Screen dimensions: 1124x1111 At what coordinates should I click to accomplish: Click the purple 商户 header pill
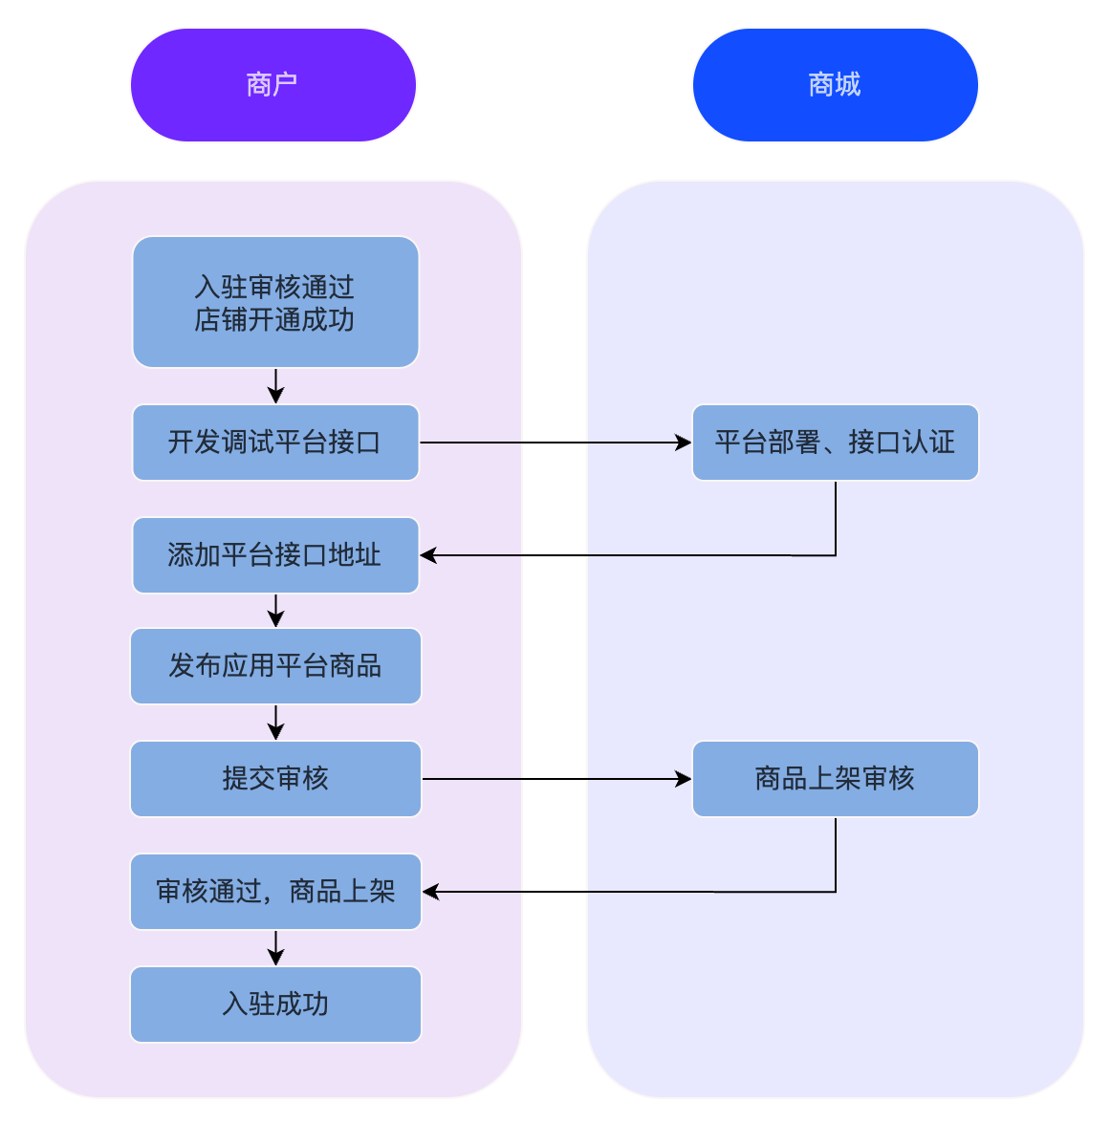pos(273,85)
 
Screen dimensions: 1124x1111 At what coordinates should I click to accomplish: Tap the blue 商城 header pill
pos(835,85)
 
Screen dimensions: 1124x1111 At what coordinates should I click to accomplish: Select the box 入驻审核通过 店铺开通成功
pos(275,302)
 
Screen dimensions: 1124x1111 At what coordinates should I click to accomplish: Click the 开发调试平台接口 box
pos(275,443)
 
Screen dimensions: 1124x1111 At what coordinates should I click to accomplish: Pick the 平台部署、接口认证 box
pos(835,443)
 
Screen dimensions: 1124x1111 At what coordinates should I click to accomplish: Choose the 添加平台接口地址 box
pos(275,555)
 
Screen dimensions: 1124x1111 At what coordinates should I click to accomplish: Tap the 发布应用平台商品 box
pos(275,666)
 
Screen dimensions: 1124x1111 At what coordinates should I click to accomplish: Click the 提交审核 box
pos(275,779)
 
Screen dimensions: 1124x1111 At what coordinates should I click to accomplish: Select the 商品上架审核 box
pos(835,779)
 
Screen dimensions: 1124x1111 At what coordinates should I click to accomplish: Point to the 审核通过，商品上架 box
pos(275,892)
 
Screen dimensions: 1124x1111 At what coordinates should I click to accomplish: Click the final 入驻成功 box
pos(275,1005)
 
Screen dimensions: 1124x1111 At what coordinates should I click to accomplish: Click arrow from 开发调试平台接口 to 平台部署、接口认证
pos(555,443)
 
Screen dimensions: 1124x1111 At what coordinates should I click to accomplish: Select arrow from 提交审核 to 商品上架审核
pos(555,779)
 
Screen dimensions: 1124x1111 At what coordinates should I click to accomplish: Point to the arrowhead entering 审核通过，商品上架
pos(431,892)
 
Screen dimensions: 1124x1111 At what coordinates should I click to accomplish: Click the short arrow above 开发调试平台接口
pos(275,386)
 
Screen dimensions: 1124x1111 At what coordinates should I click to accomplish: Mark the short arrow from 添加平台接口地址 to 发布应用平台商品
pos(275,611)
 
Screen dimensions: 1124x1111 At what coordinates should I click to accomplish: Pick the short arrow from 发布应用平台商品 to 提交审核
pos(275,723)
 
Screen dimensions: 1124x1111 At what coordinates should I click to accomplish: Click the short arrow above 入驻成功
pos(275,948)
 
